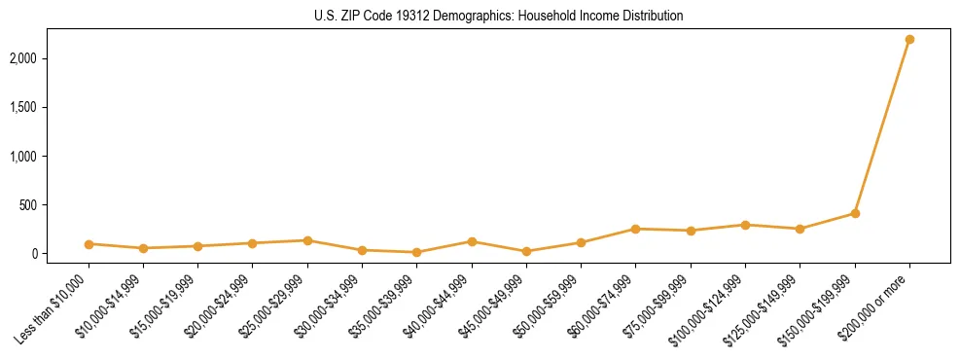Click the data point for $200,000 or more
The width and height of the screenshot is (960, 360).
click(x=909, y=39)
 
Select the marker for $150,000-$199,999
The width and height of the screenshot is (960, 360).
click(x=855, y=213)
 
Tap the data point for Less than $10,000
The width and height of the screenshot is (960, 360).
click(x=89, y=244)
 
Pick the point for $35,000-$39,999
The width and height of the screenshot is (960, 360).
click(x=416, y=252)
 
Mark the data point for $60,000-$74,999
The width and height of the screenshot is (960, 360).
click(x=635, y=229)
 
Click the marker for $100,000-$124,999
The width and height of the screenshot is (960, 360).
click(x=745, y=225)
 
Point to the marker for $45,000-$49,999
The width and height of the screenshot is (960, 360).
click(x=526, y=251)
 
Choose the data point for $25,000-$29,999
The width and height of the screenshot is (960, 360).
click(x=307, y=240)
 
